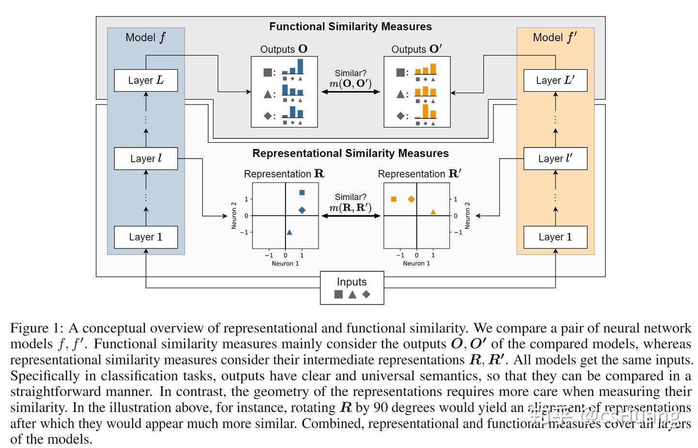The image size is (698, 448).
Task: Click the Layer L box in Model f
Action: (x=145, y=81)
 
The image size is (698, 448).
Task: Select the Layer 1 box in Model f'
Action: (x=555, y=237)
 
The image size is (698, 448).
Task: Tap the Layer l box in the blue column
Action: (x=145, y=159)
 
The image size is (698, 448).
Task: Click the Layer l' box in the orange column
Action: (x=555, y=159)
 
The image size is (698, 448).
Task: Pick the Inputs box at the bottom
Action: (x=352, y=288)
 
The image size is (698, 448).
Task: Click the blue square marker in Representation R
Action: (x=302, y=193)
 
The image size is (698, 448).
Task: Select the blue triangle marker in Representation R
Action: (x=289, y=232)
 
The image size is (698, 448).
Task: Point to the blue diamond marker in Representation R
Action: (x=302, y=210)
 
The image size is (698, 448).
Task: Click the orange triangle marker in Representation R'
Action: (x=433, y=212)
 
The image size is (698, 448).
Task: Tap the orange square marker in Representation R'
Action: (x=394, y=199)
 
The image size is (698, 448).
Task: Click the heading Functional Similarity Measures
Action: (x=350, y=27)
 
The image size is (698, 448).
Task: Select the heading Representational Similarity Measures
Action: (x=350, y=153)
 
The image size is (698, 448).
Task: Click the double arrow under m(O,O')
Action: (x=350, y=92)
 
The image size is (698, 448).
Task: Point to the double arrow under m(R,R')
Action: (x=350, y=216)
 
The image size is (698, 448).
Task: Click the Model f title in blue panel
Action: (x=145, y=37)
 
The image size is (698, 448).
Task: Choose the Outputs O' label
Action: (x=416, y=49)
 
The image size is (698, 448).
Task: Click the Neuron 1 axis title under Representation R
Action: (x=285, y=264)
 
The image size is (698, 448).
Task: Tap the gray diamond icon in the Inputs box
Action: (x=366, y=294)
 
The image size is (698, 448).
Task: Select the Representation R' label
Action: (x=419, y=174)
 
